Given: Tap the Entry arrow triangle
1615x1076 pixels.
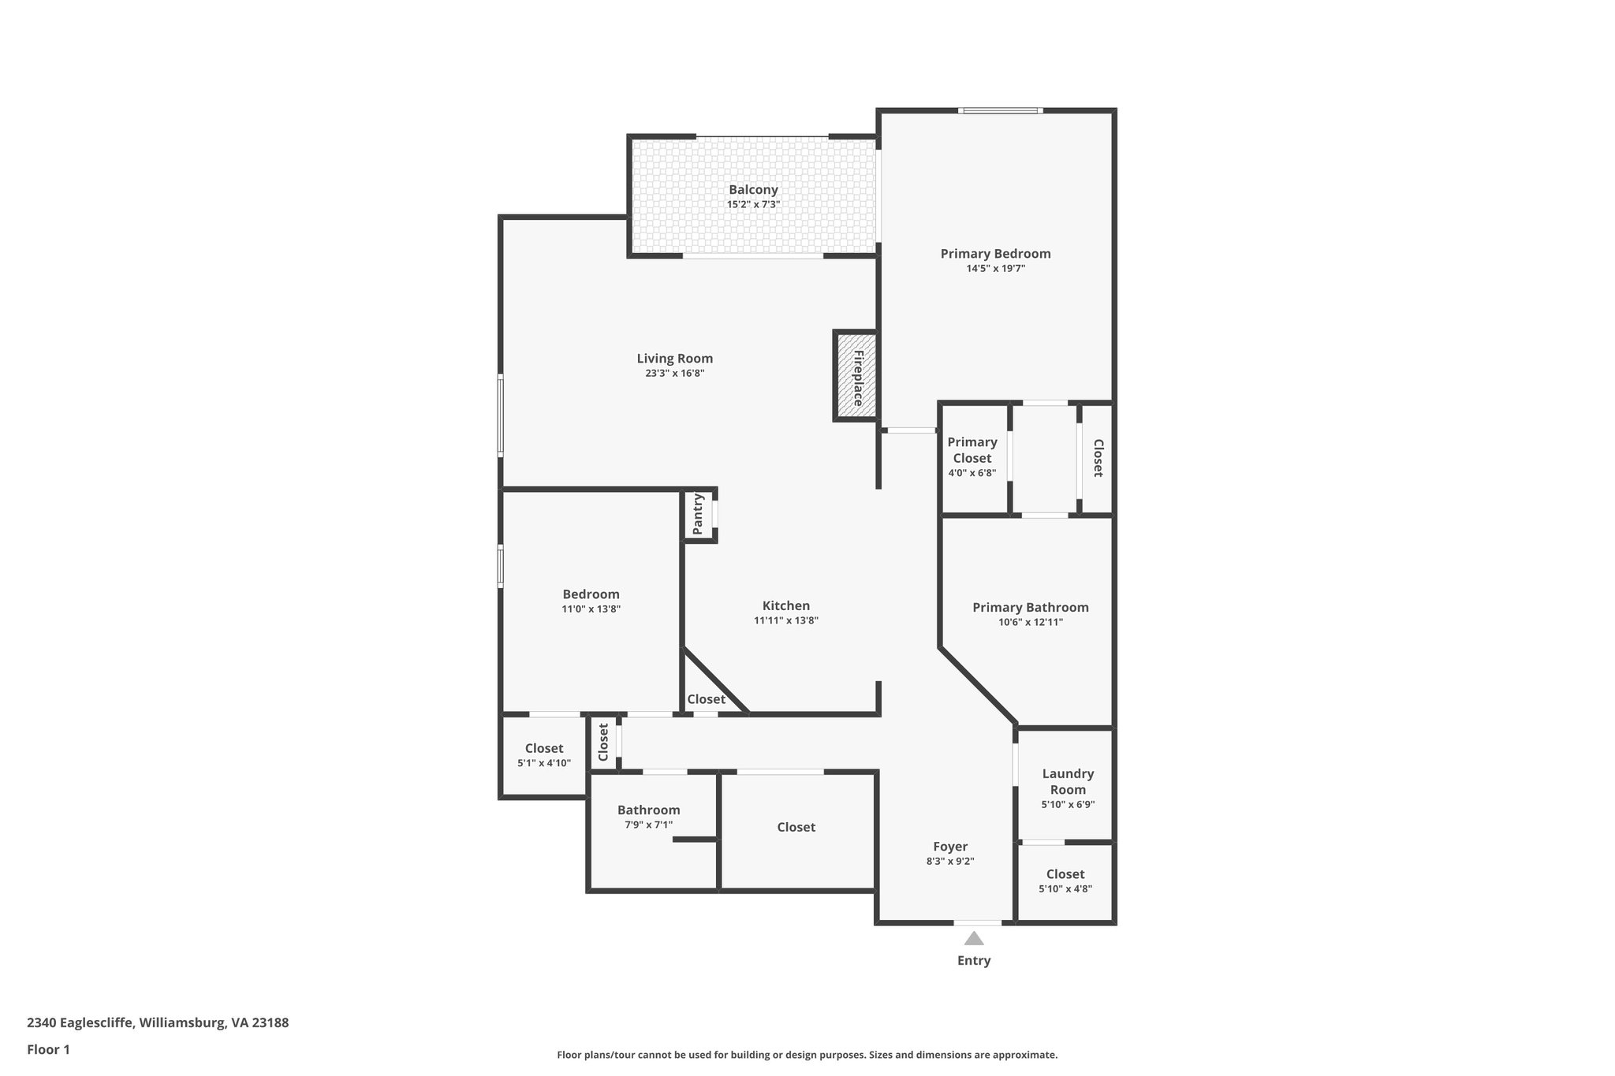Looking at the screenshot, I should click(974, 938).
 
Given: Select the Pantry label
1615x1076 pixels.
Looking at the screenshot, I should click(698, 514).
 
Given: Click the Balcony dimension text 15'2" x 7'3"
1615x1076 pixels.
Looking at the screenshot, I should click(753, 205).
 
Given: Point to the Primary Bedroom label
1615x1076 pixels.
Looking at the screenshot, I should click(995, 254).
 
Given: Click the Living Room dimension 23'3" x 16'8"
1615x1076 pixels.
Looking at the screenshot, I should click(674, 374).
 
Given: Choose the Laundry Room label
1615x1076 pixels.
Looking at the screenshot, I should click(1068, 782).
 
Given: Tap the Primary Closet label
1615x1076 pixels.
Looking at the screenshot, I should click(972, 450).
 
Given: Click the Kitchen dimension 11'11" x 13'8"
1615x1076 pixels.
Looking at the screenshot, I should click(785, 621).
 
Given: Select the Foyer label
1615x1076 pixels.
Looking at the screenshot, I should click(949, 847).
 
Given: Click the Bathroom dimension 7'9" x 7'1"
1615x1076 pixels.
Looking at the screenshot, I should click(648, 825).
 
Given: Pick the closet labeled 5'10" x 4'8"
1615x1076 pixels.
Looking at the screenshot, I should click(1065, 881).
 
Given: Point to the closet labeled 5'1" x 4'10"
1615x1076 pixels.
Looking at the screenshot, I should click(544, 755).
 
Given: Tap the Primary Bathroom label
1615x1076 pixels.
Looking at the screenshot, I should click(1030, 608).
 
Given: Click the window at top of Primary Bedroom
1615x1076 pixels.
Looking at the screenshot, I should click(1001, 110).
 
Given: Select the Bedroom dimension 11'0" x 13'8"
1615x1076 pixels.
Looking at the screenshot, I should click(591, 609).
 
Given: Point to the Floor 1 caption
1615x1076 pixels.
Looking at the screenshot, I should click(48, 1050).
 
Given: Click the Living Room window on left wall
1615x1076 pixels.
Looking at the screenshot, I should click(500, 415).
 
